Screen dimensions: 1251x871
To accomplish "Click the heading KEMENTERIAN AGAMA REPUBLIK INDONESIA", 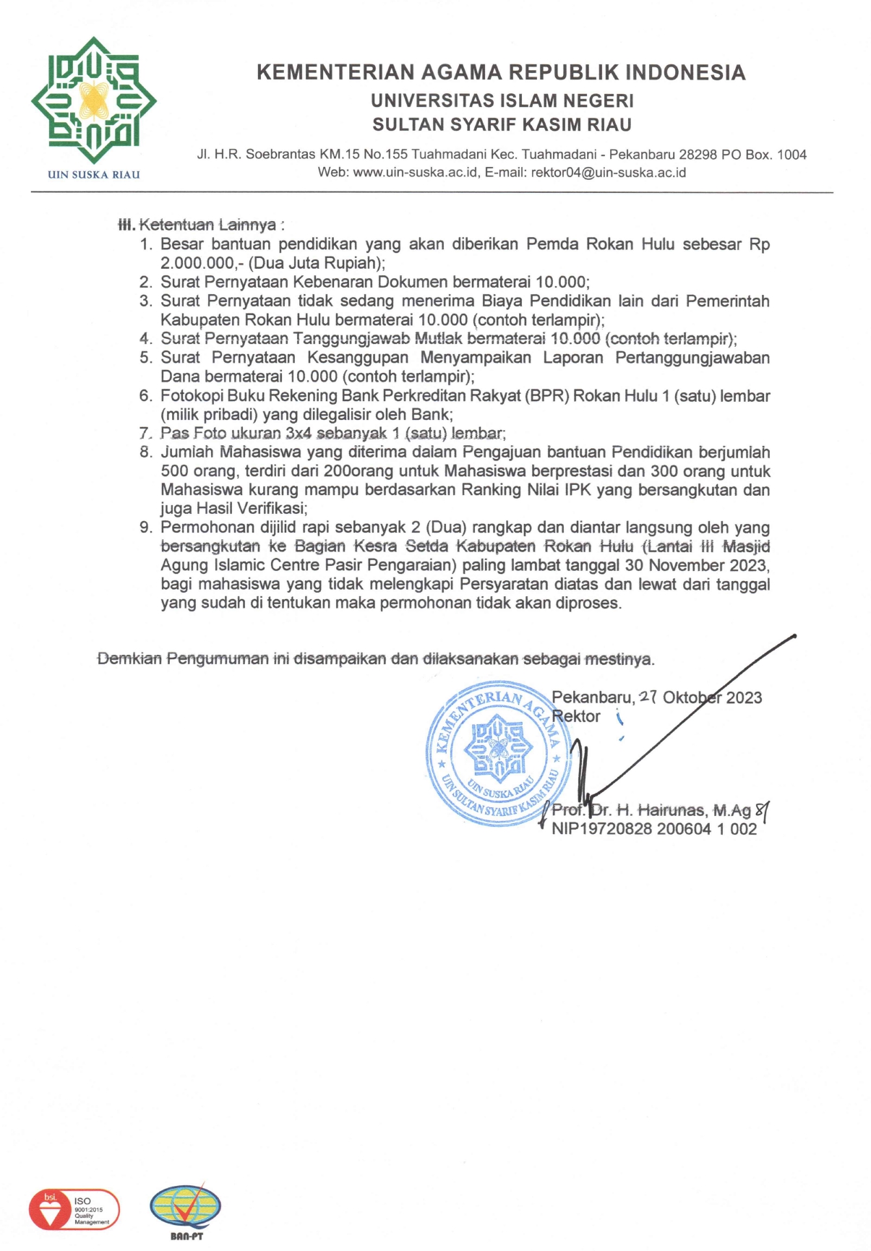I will (501, 72).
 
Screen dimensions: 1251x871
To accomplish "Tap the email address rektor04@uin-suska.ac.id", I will (609, 173).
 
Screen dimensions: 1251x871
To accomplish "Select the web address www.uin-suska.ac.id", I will (415, 173).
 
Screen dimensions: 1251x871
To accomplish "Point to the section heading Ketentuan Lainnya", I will (207, 225).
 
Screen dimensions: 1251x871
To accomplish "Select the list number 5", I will (146, 358).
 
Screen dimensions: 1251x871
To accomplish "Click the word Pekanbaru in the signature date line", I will (592, 697).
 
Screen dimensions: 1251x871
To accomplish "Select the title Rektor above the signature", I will (576, 716).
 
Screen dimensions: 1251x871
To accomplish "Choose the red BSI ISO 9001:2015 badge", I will (74, 1209).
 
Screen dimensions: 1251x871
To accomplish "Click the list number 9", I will (146, 528).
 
